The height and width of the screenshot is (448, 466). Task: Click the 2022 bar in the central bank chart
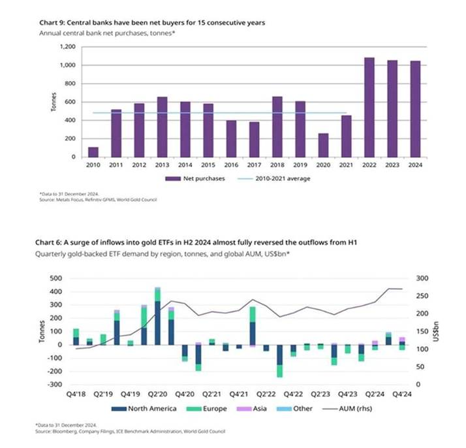click(x=369, y=108)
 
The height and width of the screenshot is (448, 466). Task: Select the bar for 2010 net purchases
click(x=93, y=152)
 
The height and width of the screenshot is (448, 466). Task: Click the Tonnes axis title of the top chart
click(x=54, y=103)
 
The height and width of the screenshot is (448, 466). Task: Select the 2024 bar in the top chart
click(x=415, y=109)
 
